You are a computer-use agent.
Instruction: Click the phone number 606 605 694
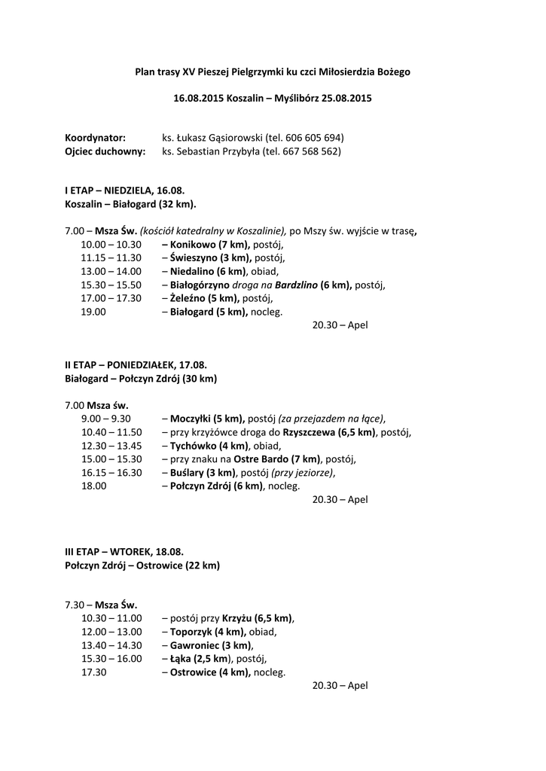click(x=314, y=139)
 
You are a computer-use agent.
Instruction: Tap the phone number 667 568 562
click(x=310, y=151)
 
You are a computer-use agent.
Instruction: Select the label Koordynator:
click(x=95, y=139)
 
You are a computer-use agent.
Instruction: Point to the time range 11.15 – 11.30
click(x=111, y=258)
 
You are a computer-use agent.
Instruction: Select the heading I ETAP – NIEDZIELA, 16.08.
click(x=124, y=191)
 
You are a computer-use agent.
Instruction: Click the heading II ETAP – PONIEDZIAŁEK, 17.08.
click(x=136, y=364)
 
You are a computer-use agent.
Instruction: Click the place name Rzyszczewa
click(x=310, y=432)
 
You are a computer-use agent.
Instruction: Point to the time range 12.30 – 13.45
click(x=111, y=446)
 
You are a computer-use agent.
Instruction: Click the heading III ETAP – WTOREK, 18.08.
click(x=124, y=551)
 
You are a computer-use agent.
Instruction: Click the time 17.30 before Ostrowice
click(x=93, y=672)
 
